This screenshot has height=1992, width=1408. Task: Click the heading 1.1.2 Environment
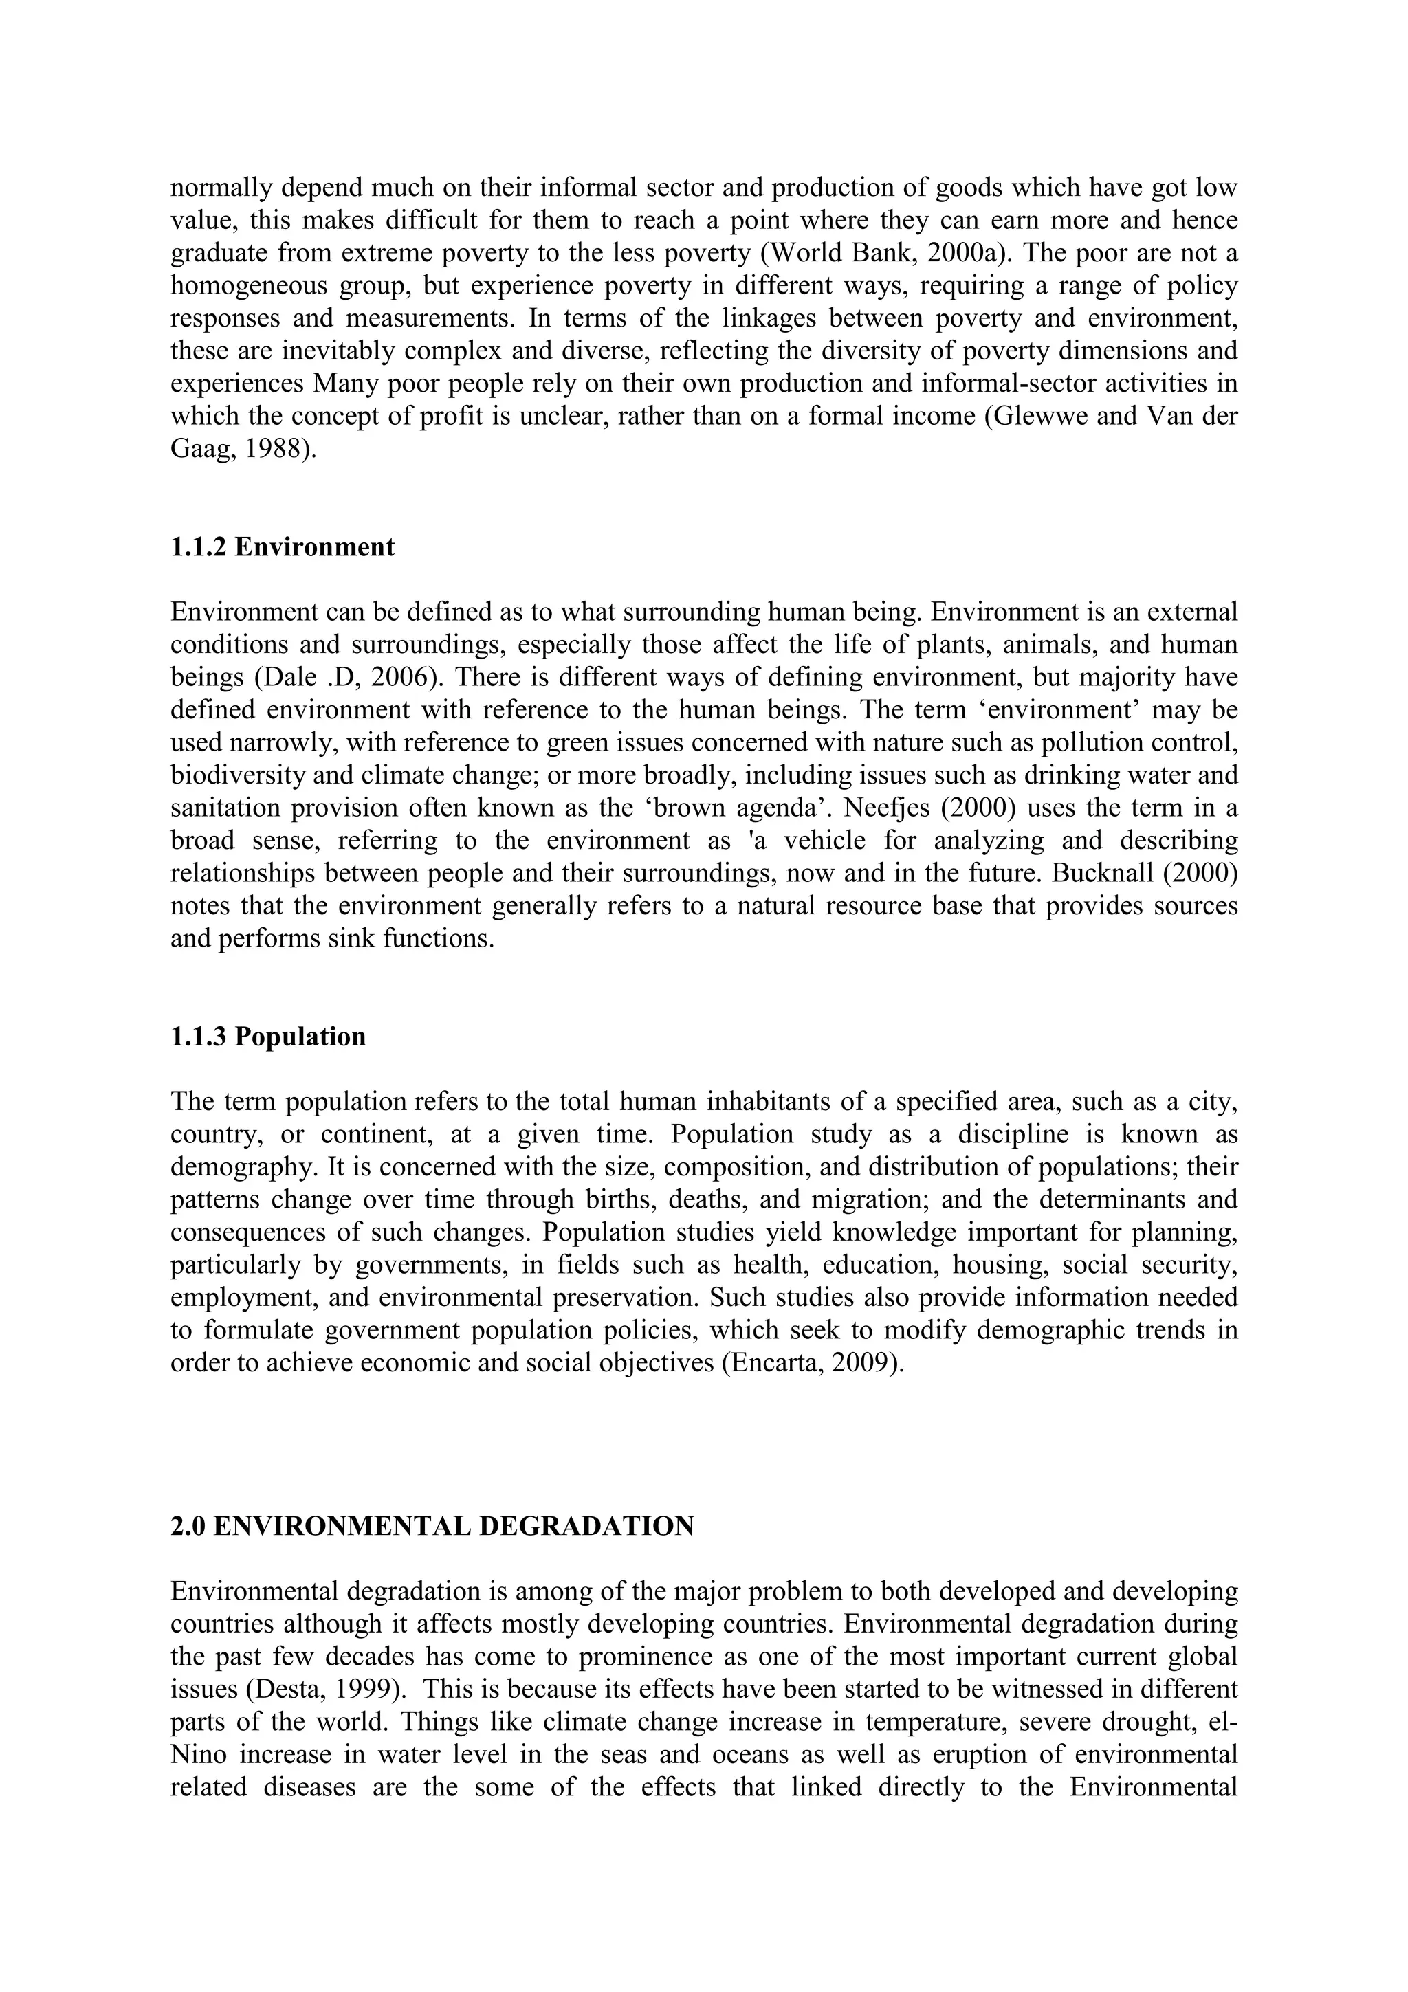click(282, 547)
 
